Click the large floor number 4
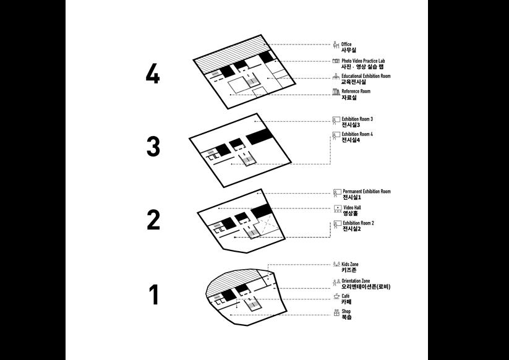[153, 74]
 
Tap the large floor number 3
[153, 147]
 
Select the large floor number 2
[153, 220]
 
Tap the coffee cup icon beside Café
[336, 298]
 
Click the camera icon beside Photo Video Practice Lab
[336, 61]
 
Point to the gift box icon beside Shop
[336, 314]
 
